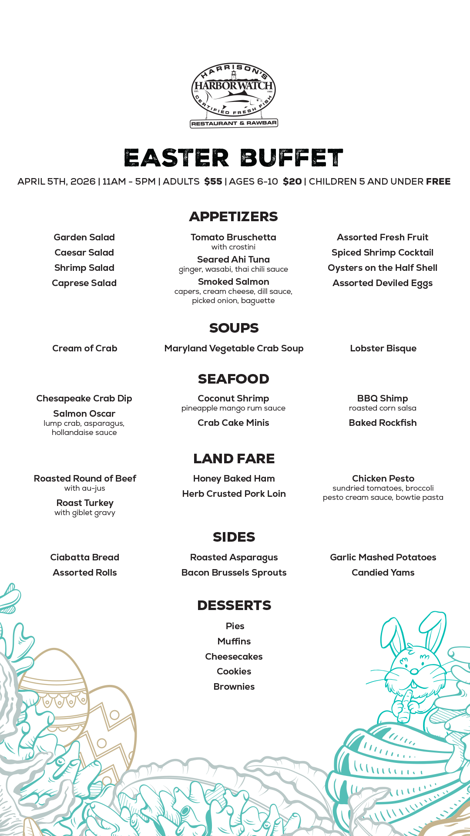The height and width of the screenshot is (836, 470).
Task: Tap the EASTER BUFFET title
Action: (234, 158)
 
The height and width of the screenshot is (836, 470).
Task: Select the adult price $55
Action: (213, 182)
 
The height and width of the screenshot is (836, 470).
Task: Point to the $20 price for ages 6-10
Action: (292, 182)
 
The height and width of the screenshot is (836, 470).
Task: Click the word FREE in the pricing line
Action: (438, 182)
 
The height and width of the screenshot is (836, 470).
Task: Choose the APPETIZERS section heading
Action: (234, 216)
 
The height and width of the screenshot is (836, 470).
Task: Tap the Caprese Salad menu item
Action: (84, 283)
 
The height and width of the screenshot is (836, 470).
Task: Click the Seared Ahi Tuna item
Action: (233, 260)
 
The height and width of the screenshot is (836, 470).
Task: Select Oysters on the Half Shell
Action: (383, 268)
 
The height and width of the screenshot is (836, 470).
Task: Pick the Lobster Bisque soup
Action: (383, 348)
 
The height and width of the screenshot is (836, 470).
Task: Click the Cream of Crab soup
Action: (84, 348)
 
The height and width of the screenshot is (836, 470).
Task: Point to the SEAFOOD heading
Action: (234, 379)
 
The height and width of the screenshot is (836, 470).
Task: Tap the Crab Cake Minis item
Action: (233, 423)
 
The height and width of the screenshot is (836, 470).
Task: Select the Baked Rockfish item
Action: (383, 423)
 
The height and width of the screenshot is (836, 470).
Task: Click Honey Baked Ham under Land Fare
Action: (234, 479)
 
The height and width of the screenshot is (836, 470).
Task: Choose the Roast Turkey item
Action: (85, 503)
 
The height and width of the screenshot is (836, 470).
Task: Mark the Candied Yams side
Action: (383, 573)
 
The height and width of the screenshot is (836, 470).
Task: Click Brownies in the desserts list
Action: (234, 687)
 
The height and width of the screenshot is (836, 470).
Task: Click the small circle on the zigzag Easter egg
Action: (114, 715)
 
